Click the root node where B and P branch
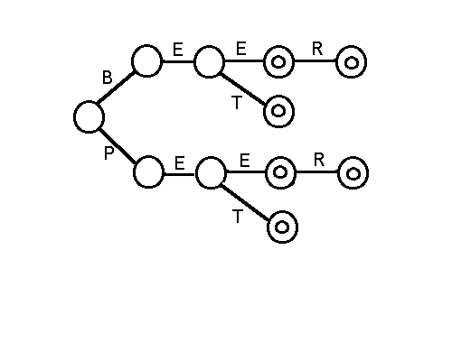(x=89, y=116)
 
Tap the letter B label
(x=108, y=78)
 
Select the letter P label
(x=108, y=153)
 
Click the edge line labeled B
(x=115, y=87)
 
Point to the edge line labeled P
(x=118, y=146)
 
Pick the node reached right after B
(x=146, y=61)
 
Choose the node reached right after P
(x=148, y=172)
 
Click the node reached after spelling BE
(x=210, y=61)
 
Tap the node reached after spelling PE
(x=211, y=172)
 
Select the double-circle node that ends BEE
(x=278, y=62)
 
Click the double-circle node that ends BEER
(x=352, y=62)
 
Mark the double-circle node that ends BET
(x=278, y=111)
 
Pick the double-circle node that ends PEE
(x=280, y=172)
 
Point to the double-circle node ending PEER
(x=353, y=173)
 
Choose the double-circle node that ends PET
(x=282, y=227)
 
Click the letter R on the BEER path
(x=317, y=49)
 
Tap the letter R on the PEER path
(x=319, y=160)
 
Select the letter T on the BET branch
(x=237, y=103)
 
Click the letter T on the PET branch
(x=238, y=217)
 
